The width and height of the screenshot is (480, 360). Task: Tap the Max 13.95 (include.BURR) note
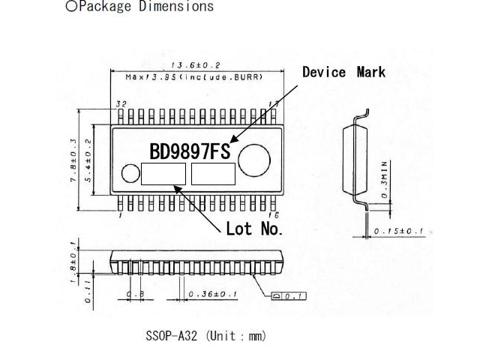tap(193, 77)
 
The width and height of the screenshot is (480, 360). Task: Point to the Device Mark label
tap(343, 72)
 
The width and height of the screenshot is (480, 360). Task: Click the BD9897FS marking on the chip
tap(190, 151)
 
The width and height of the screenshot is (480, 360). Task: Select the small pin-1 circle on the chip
tap(130, 175)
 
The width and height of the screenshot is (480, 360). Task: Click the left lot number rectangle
tap(163, 174)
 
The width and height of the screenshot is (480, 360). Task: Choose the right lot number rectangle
tap(213, 174)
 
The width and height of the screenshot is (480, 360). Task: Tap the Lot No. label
tap(253, 229)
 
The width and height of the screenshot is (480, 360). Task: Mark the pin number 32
tap(121, 104)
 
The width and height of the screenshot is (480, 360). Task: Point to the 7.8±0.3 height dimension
tap(73, 160)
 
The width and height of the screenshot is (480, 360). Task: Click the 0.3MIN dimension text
tap(383, 178)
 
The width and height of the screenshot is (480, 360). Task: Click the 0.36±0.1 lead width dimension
tap(213, 294)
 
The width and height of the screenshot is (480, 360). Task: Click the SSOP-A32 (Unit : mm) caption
tap(205, 336)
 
